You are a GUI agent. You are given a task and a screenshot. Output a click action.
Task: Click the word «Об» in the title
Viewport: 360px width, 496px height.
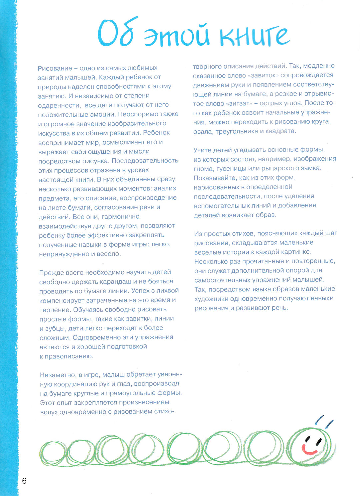[115, 33]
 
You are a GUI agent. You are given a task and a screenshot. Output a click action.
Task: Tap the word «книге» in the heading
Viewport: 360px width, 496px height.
[254, 36]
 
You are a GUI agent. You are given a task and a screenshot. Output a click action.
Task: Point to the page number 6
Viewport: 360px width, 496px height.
[24, 481]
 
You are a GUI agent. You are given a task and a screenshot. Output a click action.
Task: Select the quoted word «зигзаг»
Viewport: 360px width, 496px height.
[239, 103]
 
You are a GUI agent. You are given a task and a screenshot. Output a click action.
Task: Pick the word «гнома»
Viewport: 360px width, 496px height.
[203, 168]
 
